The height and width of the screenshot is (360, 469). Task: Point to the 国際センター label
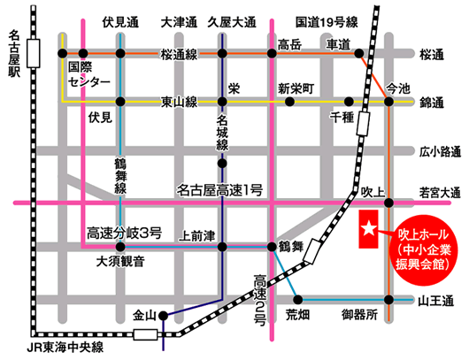tap(88, 74)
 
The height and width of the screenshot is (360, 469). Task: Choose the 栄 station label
tap(234, 88)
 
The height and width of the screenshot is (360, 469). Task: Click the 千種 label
tap(341, 117)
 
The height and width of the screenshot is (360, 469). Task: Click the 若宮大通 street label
tap(441, 191)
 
